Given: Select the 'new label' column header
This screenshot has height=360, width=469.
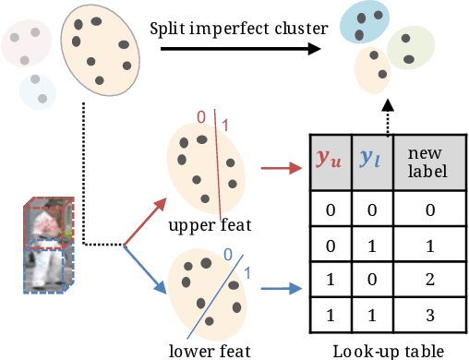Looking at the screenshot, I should [x=427, y=161].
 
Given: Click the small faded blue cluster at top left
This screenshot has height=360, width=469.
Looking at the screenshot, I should [x=37, y=91].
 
